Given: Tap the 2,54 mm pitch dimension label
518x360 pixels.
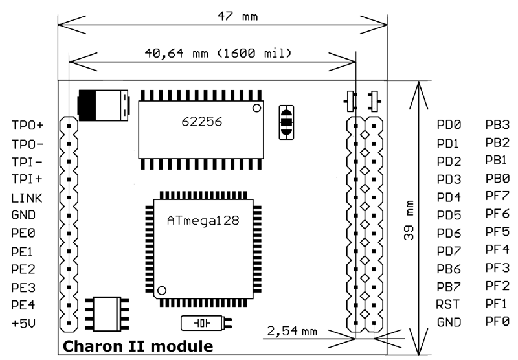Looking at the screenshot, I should (292, 331).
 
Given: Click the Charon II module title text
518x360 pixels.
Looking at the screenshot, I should (137, 346).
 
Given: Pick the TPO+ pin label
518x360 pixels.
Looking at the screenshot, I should (28, 126).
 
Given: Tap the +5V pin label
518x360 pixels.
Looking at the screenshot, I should (24, 322).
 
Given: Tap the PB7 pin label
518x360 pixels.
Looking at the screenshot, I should (448, 286).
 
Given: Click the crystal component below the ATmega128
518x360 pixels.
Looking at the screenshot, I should (203, 322).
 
